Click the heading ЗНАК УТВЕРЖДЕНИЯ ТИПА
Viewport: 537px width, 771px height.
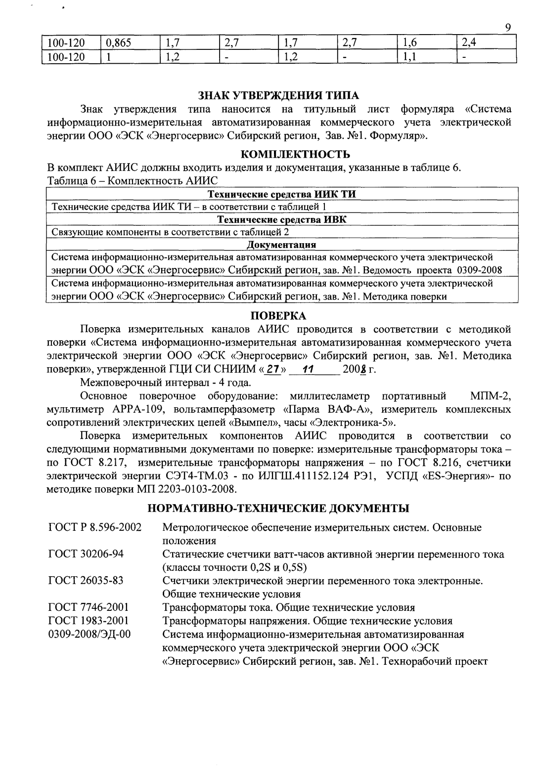(x=278, y=95)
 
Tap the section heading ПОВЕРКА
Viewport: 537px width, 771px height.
(x=278, y=316)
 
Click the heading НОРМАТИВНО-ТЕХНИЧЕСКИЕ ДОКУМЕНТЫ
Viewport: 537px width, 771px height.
(x=278, y=508)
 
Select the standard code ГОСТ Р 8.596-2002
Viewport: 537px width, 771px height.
(x=95, y=527)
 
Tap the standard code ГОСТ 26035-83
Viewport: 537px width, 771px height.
(x=86, y=580)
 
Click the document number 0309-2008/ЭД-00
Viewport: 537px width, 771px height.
(x=89, y=634)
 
